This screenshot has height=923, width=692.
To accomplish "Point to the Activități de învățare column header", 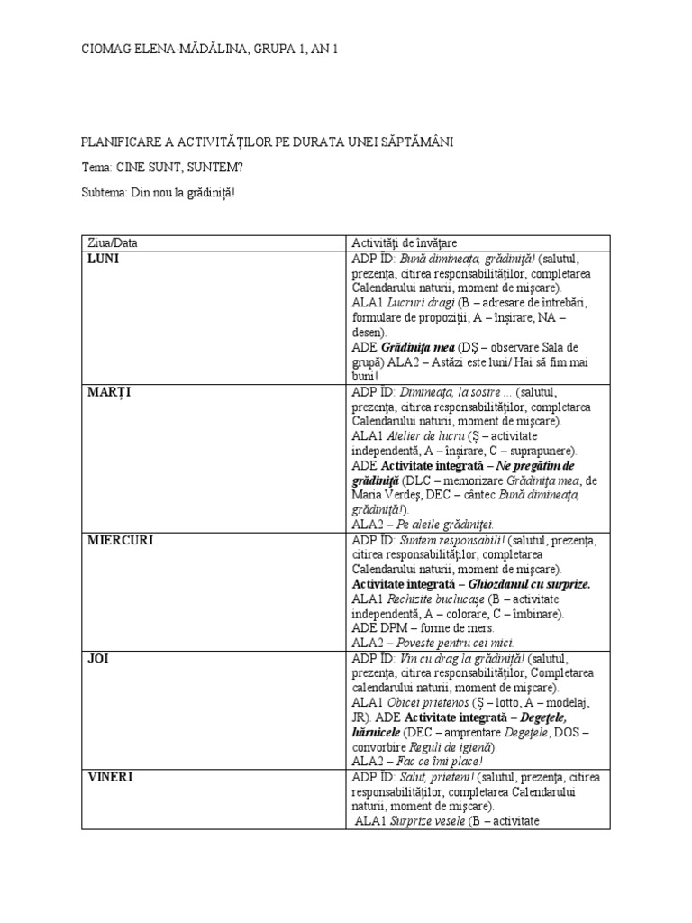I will pos(404,243).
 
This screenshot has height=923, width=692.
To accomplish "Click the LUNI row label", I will pos(104,259).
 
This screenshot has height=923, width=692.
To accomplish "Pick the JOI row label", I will pos(97,659).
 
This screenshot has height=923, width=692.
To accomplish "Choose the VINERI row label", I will pos(112,777).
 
